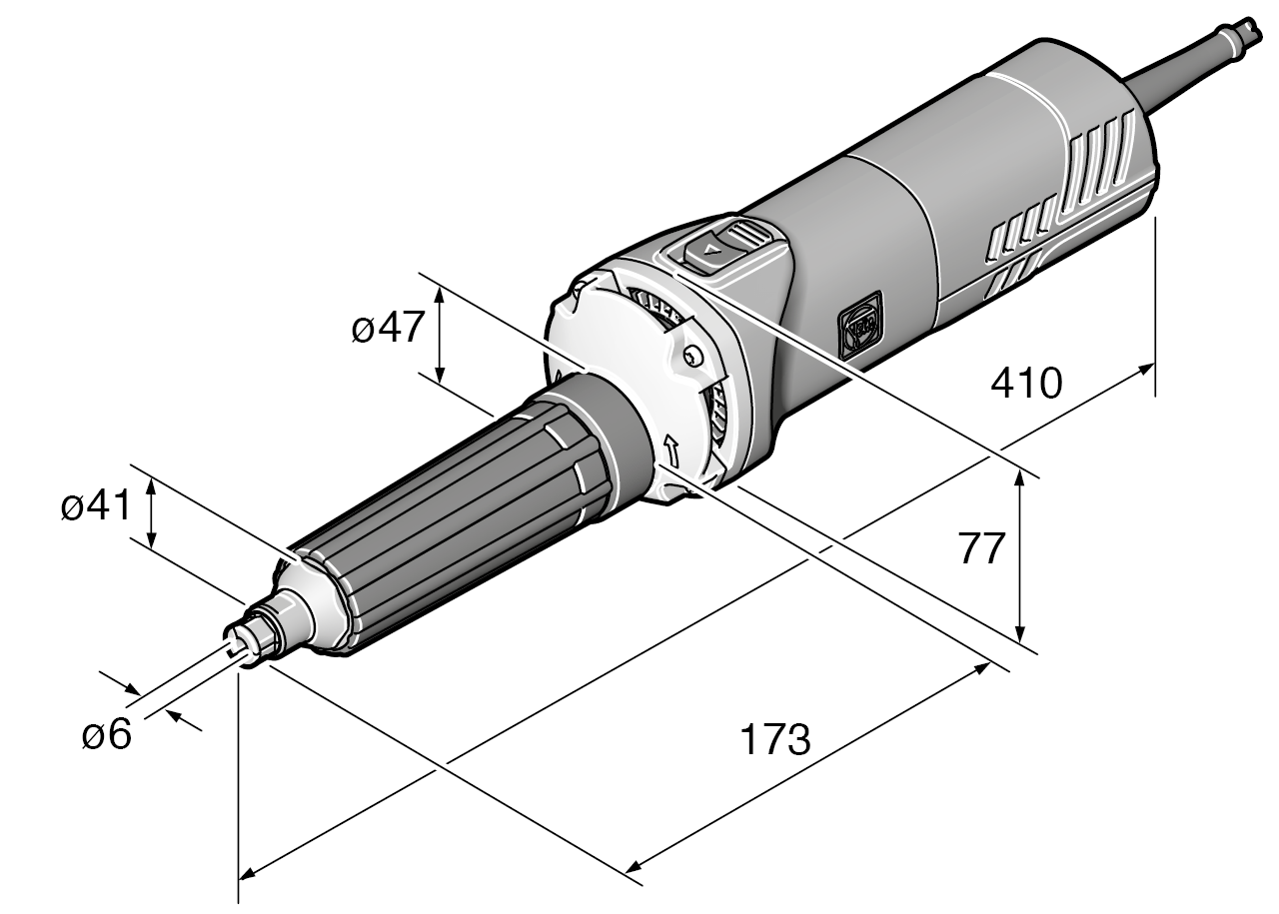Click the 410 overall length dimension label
(1025, 383)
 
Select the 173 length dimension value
(774, 740)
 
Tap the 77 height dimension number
(980, 548)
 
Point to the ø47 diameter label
(389, 329)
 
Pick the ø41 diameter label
(95, 507)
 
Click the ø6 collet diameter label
(106, 735)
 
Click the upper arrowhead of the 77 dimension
(1020, 477)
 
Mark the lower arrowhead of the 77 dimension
(1020, 635)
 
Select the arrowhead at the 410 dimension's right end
(1147, 369)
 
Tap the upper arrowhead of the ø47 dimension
(440, 289)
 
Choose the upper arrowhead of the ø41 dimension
(151, 484)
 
